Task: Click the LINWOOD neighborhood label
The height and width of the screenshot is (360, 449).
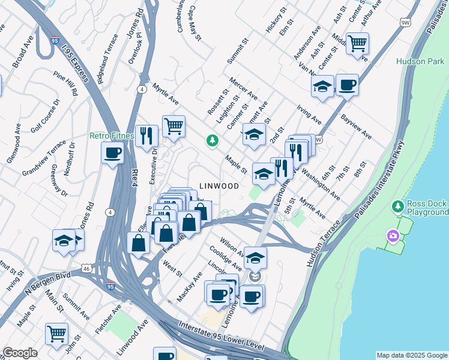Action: [x=218, y=187]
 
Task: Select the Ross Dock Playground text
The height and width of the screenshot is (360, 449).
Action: [x=427, y=208]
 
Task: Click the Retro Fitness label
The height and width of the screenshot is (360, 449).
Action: [x=112, y=136]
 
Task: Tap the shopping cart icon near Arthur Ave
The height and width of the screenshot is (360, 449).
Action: [x=357, y=43]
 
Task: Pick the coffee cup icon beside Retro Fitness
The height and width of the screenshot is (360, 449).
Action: [x=112, y=152]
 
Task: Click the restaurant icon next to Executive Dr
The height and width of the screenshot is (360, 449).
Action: [x=146, y=136]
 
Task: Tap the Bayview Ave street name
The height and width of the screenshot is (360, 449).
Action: [x=356, y=126]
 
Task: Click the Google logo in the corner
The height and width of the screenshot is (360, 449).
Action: [x=20, y=353]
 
